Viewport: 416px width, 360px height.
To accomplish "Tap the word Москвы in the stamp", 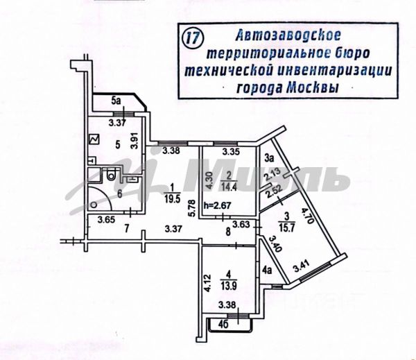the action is (318, 87).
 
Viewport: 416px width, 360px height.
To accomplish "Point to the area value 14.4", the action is (228, 187).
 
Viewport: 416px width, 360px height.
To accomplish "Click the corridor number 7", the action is (127, 228).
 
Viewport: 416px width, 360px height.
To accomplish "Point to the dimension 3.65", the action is (105, 220).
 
